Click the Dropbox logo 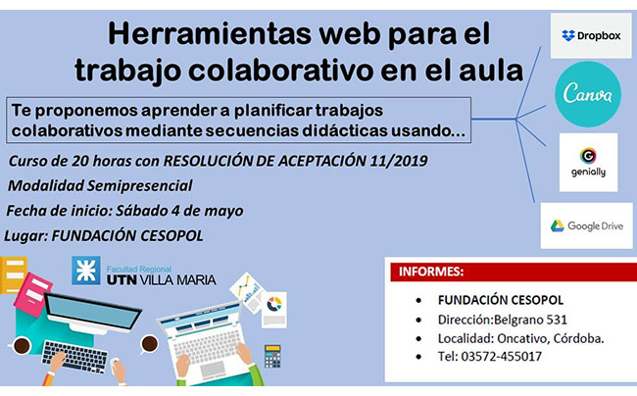click(x=591, y=35)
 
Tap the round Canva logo click(x=588, y=94)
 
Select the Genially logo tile click(x=588, y=163)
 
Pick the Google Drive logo click(x=587, y=225)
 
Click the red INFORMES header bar click(x=514, y=272)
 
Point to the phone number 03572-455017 click(x=502, y=356)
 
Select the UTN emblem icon click(x=86, y=271)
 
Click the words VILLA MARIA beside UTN click(x=177, y=279)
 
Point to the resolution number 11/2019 click(x=399, y=161)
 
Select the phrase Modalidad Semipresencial click(x=100, y=185)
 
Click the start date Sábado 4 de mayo click(x=179, y=211)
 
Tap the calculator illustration click(x=272, y=356)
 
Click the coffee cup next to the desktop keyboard click(x=22, y=346)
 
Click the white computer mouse click(x=119, y=371)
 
